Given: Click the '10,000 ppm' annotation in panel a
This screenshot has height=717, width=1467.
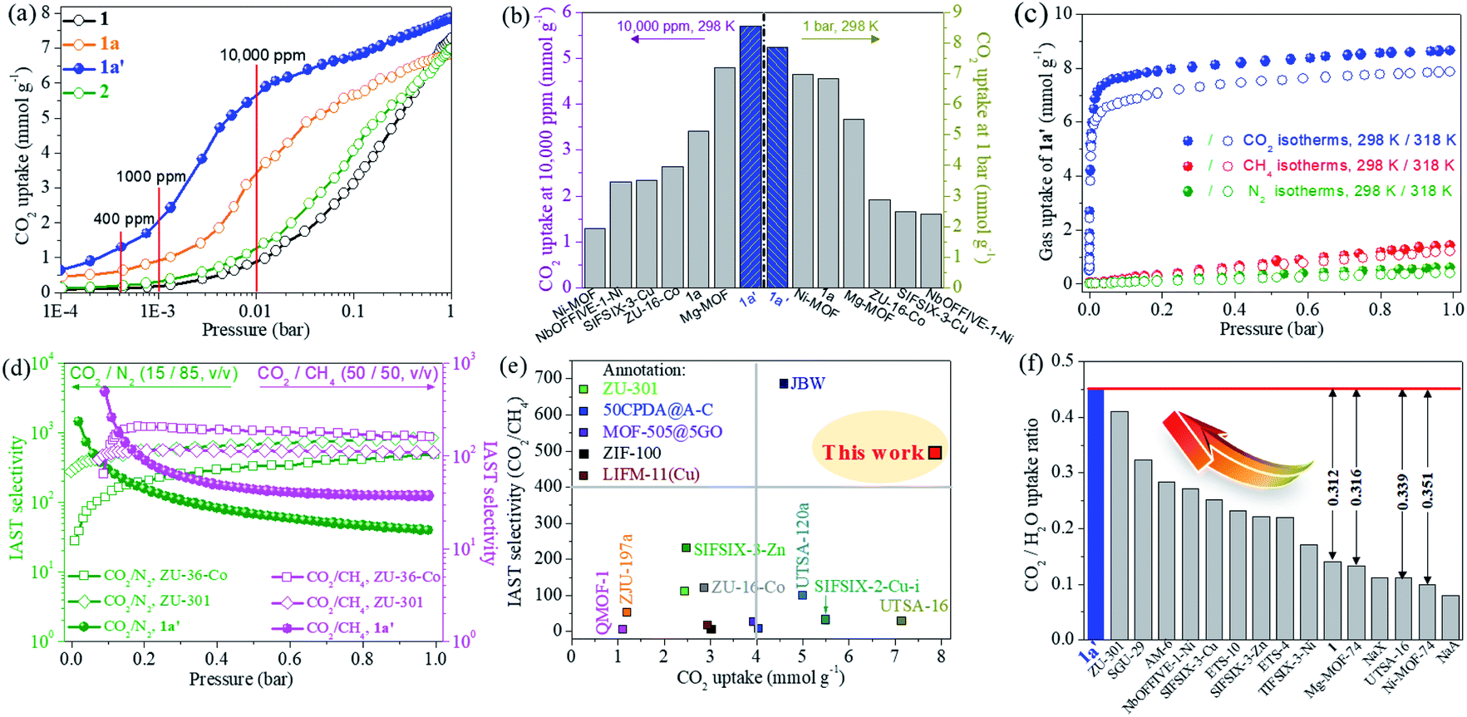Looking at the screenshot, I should click(x=263, y=56).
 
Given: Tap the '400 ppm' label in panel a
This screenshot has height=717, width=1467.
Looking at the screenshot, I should click(x=124, y=219).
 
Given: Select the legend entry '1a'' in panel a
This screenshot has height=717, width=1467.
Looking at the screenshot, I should click(x=109, y=67).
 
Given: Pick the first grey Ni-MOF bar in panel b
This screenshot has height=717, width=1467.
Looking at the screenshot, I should click(x=595, y=258).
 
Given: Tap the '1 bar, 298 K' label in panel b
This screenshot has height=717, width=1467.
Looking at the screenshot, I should click(x=840, y=27).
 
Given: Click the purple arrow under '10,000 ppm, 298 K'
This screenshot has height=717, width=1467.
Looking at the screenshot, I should click(x=657, y=39).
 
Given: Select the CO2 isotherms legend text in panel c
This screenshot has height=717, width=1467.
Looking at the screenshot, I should click(x=1348, y=140).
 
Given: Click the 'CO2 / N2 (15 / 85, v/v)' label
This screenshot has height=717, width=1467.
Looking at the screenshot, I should click(x=154, y=374).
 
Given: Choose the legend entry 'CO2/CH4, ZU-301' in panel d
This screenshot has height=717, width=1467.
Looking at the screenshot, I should click(x=365, y=602).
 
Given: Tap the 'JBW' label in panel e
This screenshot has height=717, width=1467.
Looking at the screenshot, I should click(x=808, y=384).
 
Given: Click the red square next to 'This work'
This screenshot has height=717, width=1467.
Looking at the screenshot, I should click(x=934, y=453).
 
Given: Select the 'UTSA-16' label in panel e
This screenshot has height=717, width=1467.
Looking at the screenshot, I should click(x=913, y=606).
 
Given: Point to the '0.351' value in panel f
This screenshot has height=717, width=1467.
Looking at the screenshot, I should click(x=1427, y=490).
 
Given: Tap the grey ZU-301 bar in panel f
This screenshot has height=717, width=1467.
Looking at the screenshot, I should click(x=1120, y=524).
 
